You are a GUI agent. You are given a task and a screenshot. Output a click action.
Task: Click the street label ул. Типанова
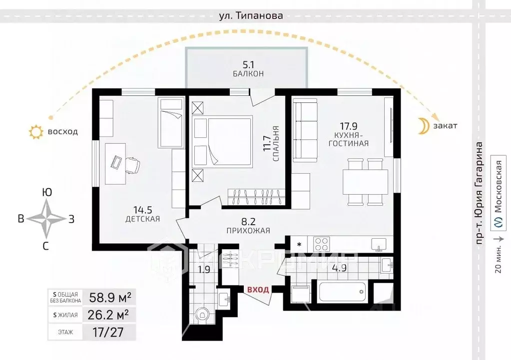(x=251, y=15)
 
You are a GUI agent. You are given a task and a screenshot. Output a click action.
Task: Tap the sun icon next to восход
(x=36, y=132)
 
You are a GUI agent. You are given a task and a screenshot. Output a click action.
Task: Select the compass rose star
(x=46, y=219)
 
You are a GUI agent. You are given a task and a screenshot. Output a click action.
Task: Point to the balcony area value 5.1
(x=248, y=64)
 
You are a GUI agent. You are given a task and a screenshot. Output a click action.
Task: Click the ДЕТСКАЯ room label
(x=143, y=219)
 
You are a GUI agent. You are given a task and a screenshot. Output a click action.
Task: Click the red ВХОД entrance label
(x=257, y=289)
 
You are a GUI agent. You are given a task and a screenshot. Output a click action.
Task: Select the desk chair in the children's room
(x=131, y=164)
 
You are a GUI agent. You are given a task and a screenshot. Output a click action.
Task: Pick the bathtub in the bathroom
(x=343, y=291)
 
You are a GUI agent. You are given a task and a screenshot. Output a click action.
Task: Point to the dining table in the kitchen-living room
(x=365, y=182)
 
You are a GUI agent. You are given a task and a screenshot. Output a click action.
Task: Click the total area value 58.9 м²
(x=110, y=298)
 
